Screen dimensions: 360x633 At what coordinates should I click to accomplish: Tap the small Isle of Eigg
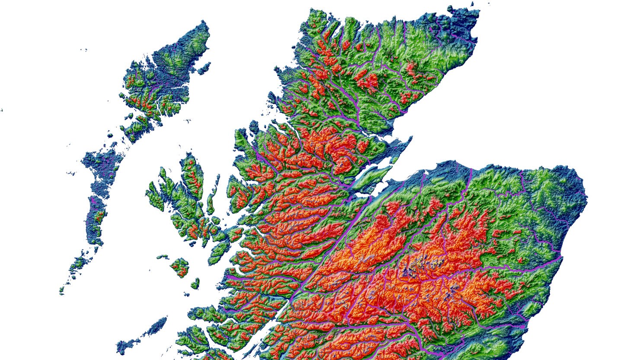pos(195,283)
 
